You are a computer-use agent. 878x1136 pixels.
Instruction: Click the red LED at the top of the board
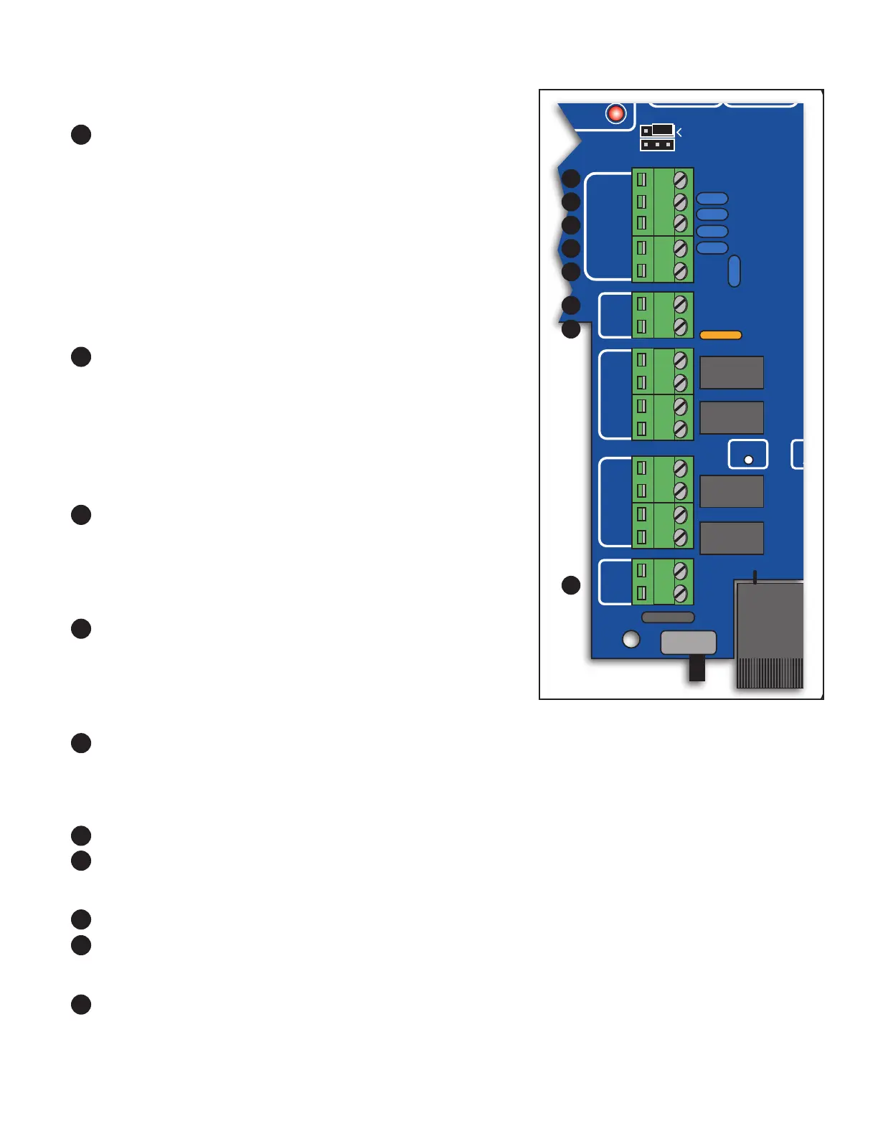[615, 113]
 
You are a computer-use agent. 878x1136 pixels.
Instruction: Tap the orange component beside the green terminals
[720, 335]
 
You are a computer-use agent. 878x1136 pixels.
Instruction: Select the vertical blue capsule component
[734, 271]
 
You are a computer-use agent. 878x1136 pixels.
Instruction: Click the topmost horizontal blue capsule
[712, 199]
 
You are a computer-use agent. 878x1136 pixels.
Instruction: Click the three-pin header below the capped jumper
[657, 145]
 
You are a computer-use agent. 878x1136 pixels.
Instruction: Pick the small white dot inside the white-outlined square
[748, 460]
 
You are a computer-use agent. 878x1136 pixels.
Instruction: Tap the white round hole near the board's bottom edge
[631, 638]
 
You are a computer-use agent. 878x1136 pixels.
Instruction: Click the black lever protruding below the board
[697, 668]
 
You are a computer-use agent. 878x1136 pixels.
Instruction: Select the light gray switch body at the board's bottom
[688, 642]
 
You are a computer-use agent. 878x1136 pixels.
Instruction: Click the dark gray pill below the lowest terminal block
[668, 617]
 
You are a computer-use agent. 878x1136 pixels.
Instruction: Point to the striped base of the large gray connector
[770, 673]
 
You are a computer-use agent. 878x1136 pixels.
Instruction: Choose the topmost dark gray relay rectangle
[732, 372]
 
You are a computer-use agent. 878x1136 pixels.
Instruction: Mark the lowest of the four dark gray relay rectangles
[732, 538]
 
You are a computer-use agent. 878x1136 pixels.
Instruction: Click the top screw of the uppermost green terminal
[681, 179]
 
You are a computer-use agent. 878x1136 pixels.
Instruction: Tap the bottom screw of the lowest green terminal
[681, 594]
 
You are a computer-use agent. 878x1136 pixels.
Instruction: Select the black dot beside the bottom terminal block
[571, 585]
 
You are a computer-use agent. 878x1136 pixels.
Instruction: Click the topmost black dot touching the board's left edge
[571, 179]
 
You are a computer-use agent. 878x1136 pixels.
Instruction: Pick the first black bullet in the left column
[81, 135]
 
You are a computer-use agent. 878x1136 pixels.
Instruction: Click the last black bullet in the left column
[81, 1004]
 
